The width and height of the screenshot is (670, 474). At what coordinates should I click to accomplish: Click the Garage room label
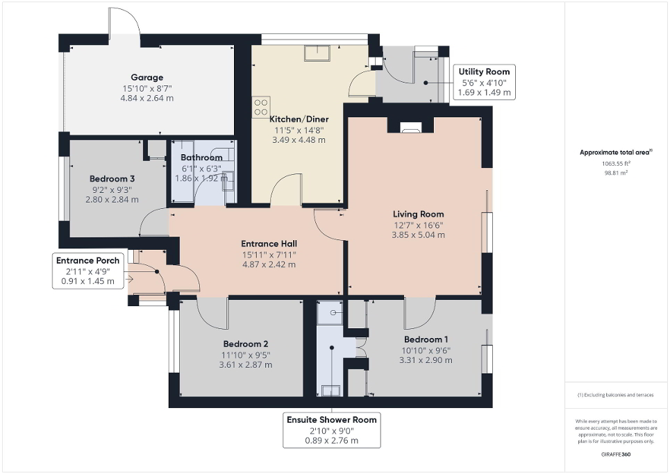pos(147,78)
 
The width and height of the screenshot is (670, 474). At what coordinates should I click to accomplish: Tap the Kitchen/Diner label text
pos(297,119)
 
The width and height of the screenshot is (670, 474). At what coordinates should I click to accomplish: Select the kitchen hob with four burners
pos(261,107)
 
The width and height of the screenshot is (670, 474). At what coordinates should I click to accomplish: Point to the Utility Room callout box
pos(484,82)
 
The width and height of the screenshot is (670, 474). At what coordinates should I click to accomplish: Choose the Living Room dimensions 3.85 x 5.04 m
pos(418,235)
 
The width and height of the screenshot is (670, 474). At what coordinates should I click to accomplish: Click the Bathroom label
pos(201,158)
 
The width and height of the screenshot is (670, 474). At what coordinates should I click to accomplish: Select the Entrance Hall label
pos(269,244)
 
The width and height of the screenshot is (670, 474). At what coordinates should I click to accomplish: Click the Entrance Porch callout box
pos(88,270)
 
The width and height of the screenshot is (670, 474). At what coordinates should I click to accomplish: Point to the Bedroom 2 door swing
pos(212,313)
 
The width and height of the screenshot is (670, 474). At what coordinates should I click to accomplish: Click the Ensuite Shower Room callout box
pos(332,430)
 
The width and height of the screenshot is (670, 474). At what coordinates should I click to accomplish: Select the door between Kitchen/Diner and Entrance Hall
pos(285,191)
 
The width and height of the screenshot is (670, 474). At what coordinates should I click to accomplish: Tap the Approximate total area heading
pos(615,153)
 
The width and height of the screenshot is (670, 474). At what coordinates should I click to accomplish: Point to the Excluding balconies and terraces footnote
pos(616,395)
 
